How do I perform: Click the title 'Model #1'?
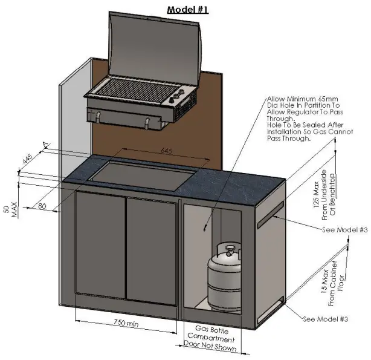187,10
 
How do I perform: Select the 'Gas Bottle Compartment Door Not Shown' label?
211,337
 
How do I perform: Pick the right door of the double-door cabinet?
152,248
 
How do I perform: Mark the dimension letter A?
45,144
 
